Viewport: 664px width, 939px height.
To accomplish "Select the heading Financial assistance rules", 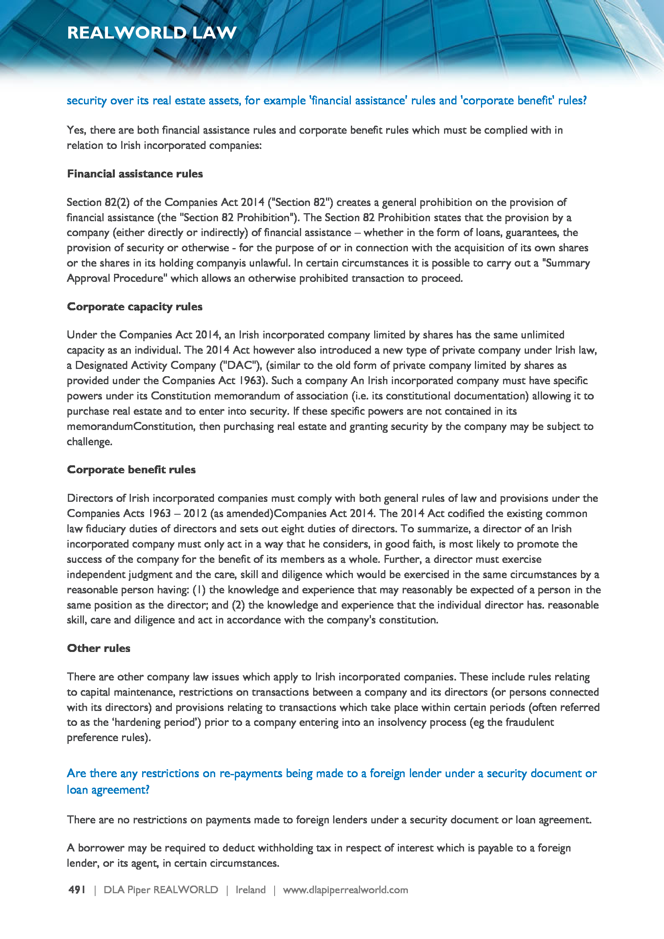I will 135,174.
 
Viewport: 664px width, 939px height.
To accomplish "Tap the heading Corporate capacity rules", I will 134,307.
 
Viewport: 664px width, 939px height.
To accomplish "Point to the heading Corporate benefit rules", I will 131,470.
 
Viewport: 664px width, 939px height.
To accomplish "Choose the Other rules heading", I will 98,648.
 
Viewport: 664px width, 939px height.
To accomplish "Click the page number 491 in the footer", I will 77,890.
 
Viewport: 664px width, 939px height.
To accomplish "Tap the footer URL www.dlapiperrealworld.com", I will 345,890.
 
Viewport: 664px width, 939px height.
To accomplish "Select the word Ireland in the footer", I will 250,890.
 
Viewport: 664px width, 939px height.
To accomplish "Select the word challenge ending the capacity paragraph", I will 89,442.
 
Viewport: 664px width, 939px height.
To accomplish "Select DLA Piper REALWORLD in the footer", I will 161,890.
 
